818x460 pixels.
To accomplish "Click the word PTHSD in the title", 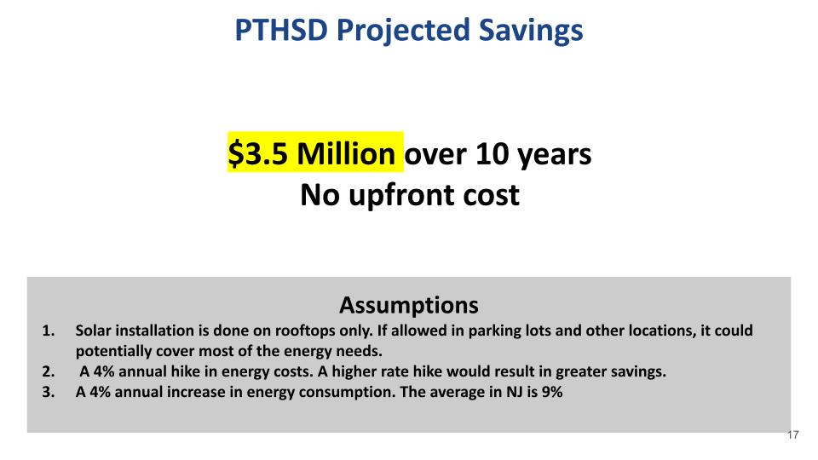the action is point(282,30).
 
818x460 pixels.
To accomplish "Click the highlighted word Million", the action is point(347,154).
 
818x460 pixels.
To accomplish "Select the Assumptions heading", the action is point(408,305).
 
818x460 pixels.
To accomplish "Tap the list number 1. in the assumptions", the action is point(49,331).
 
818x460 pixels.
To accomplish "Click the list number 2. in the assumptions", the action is point(49,372).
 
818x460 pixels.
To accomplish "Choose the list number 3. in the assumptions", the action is point(49,392).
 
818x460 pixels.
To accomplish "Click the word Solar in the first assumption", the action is point(93,331).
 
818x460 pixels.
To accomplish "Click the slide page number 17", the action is point(793,435).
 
